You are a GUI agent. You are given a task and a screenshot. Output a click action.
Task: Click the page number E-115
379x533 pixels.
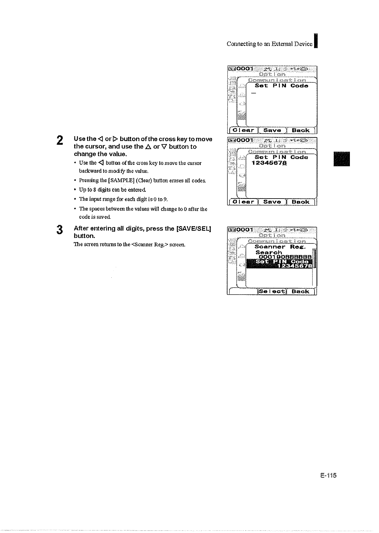pyautogui.click(x=328, y=475)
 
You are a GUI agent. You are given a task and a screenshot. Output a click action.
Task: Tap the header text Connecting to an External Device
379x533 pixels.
pyautogui.click(x=270, y=44)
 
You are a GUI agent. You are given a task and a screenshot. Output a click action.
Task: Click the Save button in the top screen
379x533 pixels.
pyautogui.click(x=272, y=130)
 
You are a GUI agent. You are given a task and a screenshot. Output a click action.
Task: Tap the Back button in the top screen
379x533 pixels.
pyautogui.click(x=301, y=130)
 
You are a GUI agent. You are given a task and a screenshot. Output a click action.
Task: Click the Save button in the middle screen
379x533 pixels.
pyautogui.click(x=272, y=202)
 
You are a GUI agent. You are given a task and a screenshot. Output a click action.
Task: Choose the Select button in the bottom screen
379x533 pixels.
pyautogui.click(x=272, y=291)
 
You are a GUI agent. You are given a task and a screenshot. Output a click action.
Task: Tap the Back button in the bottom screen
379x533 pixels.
pyautogui.click(x=301, y=291)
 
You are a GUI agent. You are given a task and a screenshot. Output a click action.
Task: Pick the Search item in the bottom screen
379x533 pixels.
pyautogui.click(x=269, y=252)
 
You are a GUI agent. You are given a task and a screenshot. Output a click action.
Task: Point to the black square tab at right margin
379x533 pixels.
pyautogui.click(x=342, y=159)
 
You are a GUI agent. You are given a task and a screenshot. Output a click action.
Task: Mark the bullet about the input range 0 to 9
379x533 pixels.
pyautogui.click(x=123, y=199)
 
